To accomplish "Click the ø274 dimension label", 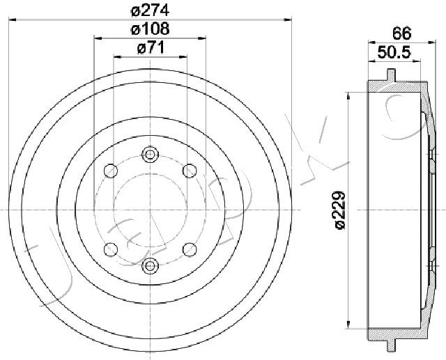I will point(150,10).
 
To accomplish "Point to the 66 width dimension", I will point(400,32).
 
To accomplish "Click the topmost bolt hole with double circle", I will point(150,155).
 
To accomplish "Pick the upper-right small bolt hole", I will point(189,169).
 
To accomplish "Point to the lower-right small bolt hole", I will point(189,249).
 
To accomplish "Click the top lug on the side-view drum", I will point(392,74).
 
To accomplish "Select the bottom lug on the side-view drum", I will point(392,345).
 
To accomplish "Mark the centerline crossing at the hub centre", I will point(150,210).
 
